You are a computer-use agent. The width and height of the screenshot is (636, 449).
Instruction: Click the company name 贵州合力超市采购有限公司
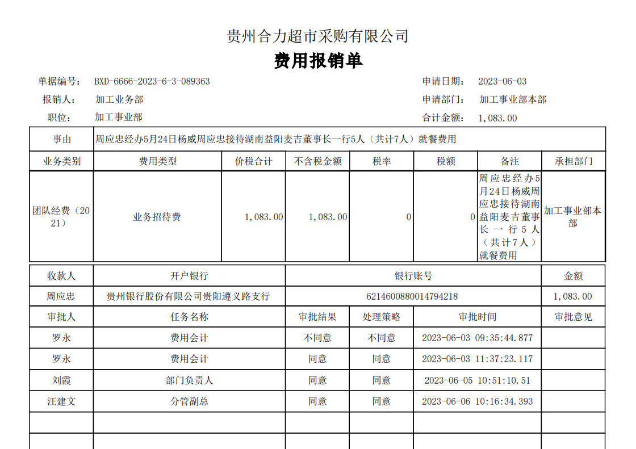click(x=317, y=37)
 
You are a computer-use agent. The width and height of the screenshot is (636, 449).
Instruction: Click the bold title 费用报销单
click(x=318, y=61)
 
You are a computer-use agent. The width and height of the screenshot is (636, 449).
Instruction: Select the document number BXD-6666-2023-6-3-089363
click(x=152, y=81)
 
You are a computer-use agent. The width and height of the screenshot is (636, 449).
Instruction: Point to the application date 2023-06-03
click(x=502, y=81)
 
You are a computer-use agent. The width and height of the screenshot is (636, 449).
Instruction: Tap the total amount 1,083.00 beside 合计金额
click(x=498, y=118)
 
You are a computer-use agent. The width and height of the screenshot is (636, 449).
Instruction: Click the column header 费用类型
click(x=158, y=161)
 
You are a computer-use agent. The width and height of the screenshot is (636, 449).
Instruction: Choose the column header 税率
click(x=382, y=161)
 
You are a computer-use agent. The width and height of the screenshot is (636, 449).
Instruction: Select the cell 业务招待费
click(x=157, y=217)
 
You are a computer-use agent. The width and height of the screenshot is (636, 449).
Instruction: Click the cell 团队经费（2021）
click(x=61, y=217)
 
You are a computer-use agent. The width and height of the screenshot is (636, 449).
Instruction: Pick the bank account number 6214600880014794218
click(x=413, y=296)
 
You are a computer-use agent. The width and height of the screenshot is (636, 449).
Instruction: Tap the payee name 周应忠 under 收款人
click(x=61, y=296)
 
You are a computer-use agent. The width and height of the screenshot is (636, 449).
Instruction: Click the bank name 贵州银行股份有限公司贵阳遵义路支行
click(x=189, y=296)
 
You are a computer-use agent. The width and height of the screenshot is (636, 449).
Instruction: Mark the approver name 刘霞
click(x=61, y=380)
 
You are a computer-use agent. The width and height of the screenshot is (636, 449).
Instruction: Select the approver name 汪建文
click(x=61, y=401)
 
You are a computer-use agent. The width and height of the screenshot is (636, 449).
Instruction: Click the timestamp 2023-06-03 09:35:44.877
click(x=477, y=338)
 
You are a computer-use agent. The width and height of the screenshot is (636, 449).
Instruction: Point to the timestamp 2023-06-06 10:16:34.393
click(x=477, y=401)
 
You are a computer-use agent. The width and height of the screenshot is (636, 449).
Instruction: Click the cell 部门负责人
click(x=189, y=380)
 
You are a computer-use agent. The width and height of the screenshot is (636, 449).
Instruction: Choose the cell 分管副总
click(x=189, y=401)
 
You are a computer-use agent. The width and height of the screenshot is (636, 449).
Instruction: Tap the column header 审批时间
click(x=477, y=317)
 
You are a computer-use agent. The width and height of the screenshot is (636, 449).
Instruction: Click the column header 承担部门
click(x=574, y=161)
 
